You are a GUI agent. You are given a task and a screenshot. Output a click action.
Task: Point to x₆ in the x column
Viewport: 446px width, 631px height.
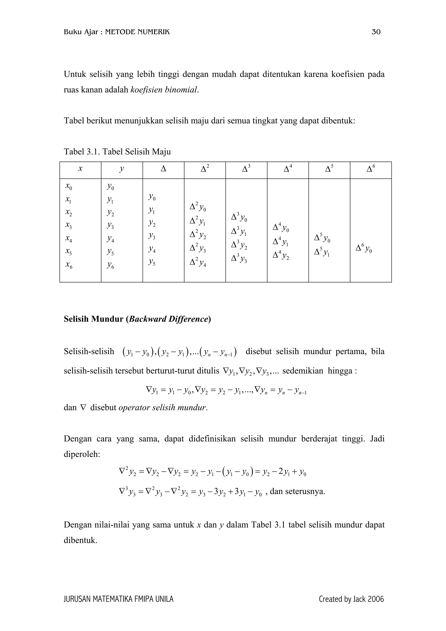pos(69,265)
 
